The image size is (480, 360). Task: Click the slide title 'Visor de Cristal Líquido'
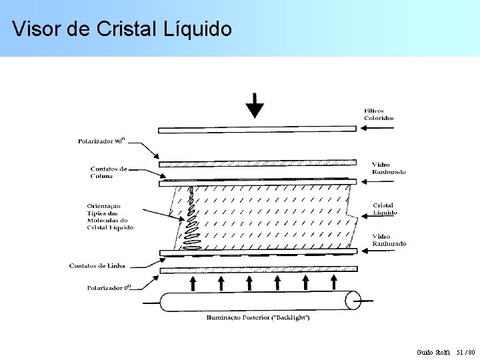tap(122, 29)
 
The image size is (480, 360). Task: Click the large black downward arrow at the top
tap(255, 106)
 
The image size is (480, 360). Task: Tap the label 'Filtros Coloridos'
tap(379, 115)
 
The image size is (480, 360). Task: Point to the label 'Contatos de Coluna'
tap(109, 173)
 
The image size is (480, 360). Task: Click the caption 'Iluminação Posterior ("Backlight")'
tap(258, 318)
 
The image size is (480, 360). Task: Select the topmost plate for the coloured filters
tap(257, 129)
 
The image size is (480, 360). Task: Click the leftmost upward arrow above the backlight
tap(193, 283)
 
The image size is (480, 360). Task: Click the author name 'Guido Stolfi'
tap(433, 352)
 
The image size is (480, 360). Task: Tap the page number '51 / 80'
tap(465, 352)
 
